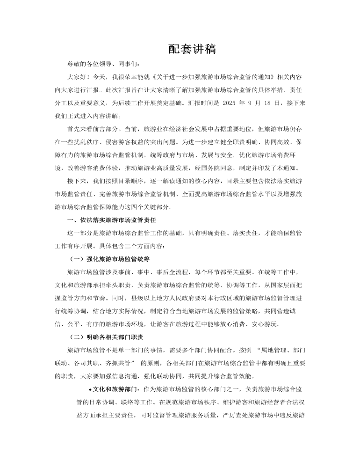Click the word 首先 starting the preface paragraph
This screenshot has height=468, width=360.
pos(74,129)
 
